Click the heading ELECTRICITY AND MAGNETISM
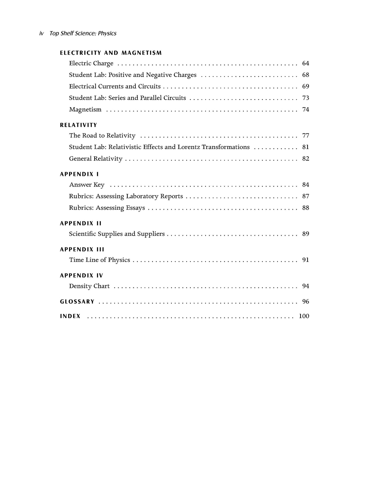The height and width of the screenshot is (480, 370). tap(111, 53)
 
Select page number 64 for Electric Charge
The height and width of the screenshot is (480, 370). tap(305, 63)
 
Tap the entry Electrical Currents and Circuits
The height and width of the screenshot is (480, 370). tap(115, 86)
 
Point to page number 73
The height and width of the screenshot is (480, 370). tap(305, 98)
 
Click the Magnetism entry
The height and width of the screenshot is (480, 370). tap(85, 109)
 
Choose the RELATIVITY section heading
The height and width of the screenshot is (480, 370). tap(78, 125)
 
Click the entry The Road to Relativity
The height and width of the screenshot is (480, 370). tap(102, 136)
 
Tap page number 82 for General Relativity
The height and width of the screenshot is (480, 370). tap(305, 159)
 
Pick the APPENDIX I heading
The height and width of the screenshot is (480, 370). tap(79, 174)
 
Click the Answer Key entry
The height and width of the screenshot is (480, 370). tap(87, 185)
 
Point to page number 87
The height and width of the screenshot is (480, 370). tap(305, 196)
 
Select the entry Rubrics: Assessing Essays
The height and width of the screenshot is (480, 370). tap(107, 208)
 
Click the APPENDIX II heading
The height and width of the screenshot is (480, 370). tap(81, 224)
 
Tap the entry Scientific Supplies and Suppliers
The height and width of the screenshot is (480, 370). tap(117, 234)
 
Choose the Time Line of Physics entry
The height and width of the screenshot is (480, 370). tap(99, 260)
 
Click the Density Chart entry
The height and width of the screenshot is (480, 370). tap(89, 286)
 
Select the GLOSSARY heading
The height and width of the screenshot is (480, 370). tap(77, 302)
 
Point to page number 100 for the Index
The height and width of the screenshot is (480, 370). tap(304, 316)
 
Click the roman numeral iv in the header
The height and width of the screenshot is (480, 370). tap(41, 34)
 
